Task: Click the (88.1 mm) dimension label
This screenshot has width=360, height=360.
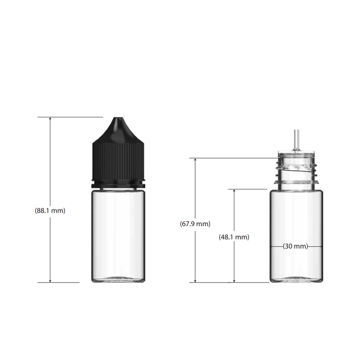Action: click(x=50, y=210)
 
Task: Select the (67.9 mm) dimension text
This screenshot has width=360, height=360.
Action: click(x=195, y=224)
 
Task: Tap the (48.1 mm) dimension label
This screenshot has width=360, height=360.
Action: click(x=234, y=237)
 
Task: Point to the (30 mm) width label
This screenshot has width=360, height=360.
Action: click(x=295, y=246)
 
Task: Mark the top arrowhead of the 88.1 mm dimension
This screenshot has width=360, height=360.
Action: click(x=50, y=119)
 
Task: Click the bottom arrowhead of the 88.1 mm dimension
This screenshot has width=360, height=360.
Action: click(x=50, y=280)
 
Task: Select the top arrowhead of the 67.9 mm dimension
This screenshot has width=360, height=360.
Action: click(x=195, y=161)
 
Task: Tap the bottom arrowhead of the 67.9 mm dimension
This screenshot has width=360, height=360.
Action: click(x=195, y=280)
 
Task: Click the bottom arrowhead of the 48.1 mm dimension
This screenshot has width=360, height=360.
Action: click(x=234, y=280)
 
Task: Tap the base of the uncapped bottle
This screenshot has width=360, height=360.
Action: click(x=296, y=280)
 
